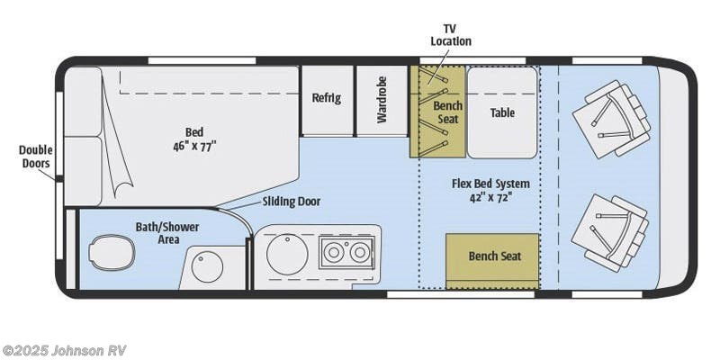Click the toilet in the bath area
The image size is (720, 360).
click(x=112, y=253)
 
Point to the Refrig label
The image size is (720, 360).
click(x=326, y=98)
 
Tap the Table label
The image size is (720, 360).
click(x=501, y=112)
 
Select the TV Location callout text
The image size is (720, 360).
click(x=451, y=35)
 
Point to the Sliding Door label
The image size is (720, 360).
click(x=291, y=202)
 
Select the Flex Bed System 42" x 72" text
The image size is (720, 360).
click(x=490, y=190)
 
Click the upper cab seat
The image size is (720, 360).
click(x=612, y=118)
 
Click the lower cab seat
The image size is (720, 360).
click(x=610, y=231)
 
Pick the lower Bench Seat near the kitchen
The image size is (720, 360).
click(x=494, y=256)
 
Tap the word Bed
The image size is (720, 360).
click(x=194, y=130)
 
